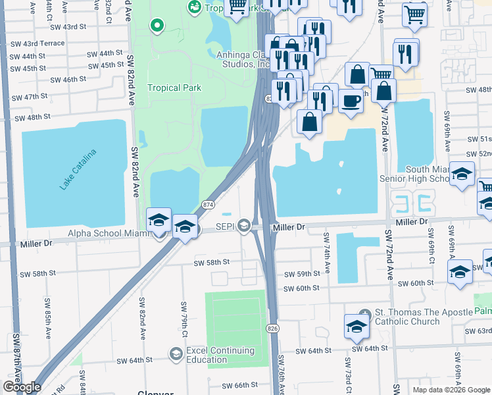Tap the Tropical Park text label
[x=174, y=88]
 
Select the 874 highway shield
[x=208, y=205]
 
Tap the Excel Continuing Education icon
[x=175, y=354]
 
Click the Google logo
[x=22, y=387]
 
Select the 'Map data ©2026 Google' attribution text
[x=451, y=390]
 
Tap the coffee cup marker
[x=351, y=101]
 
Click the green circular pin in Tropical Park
[x=157, y=26]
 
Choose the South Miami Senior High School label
[x=418, y=174]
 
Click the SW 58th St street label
[x=211, y=262]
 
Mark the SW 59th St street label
[x=302, y=274]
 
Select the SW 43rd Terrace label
[x=44, y=43]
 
